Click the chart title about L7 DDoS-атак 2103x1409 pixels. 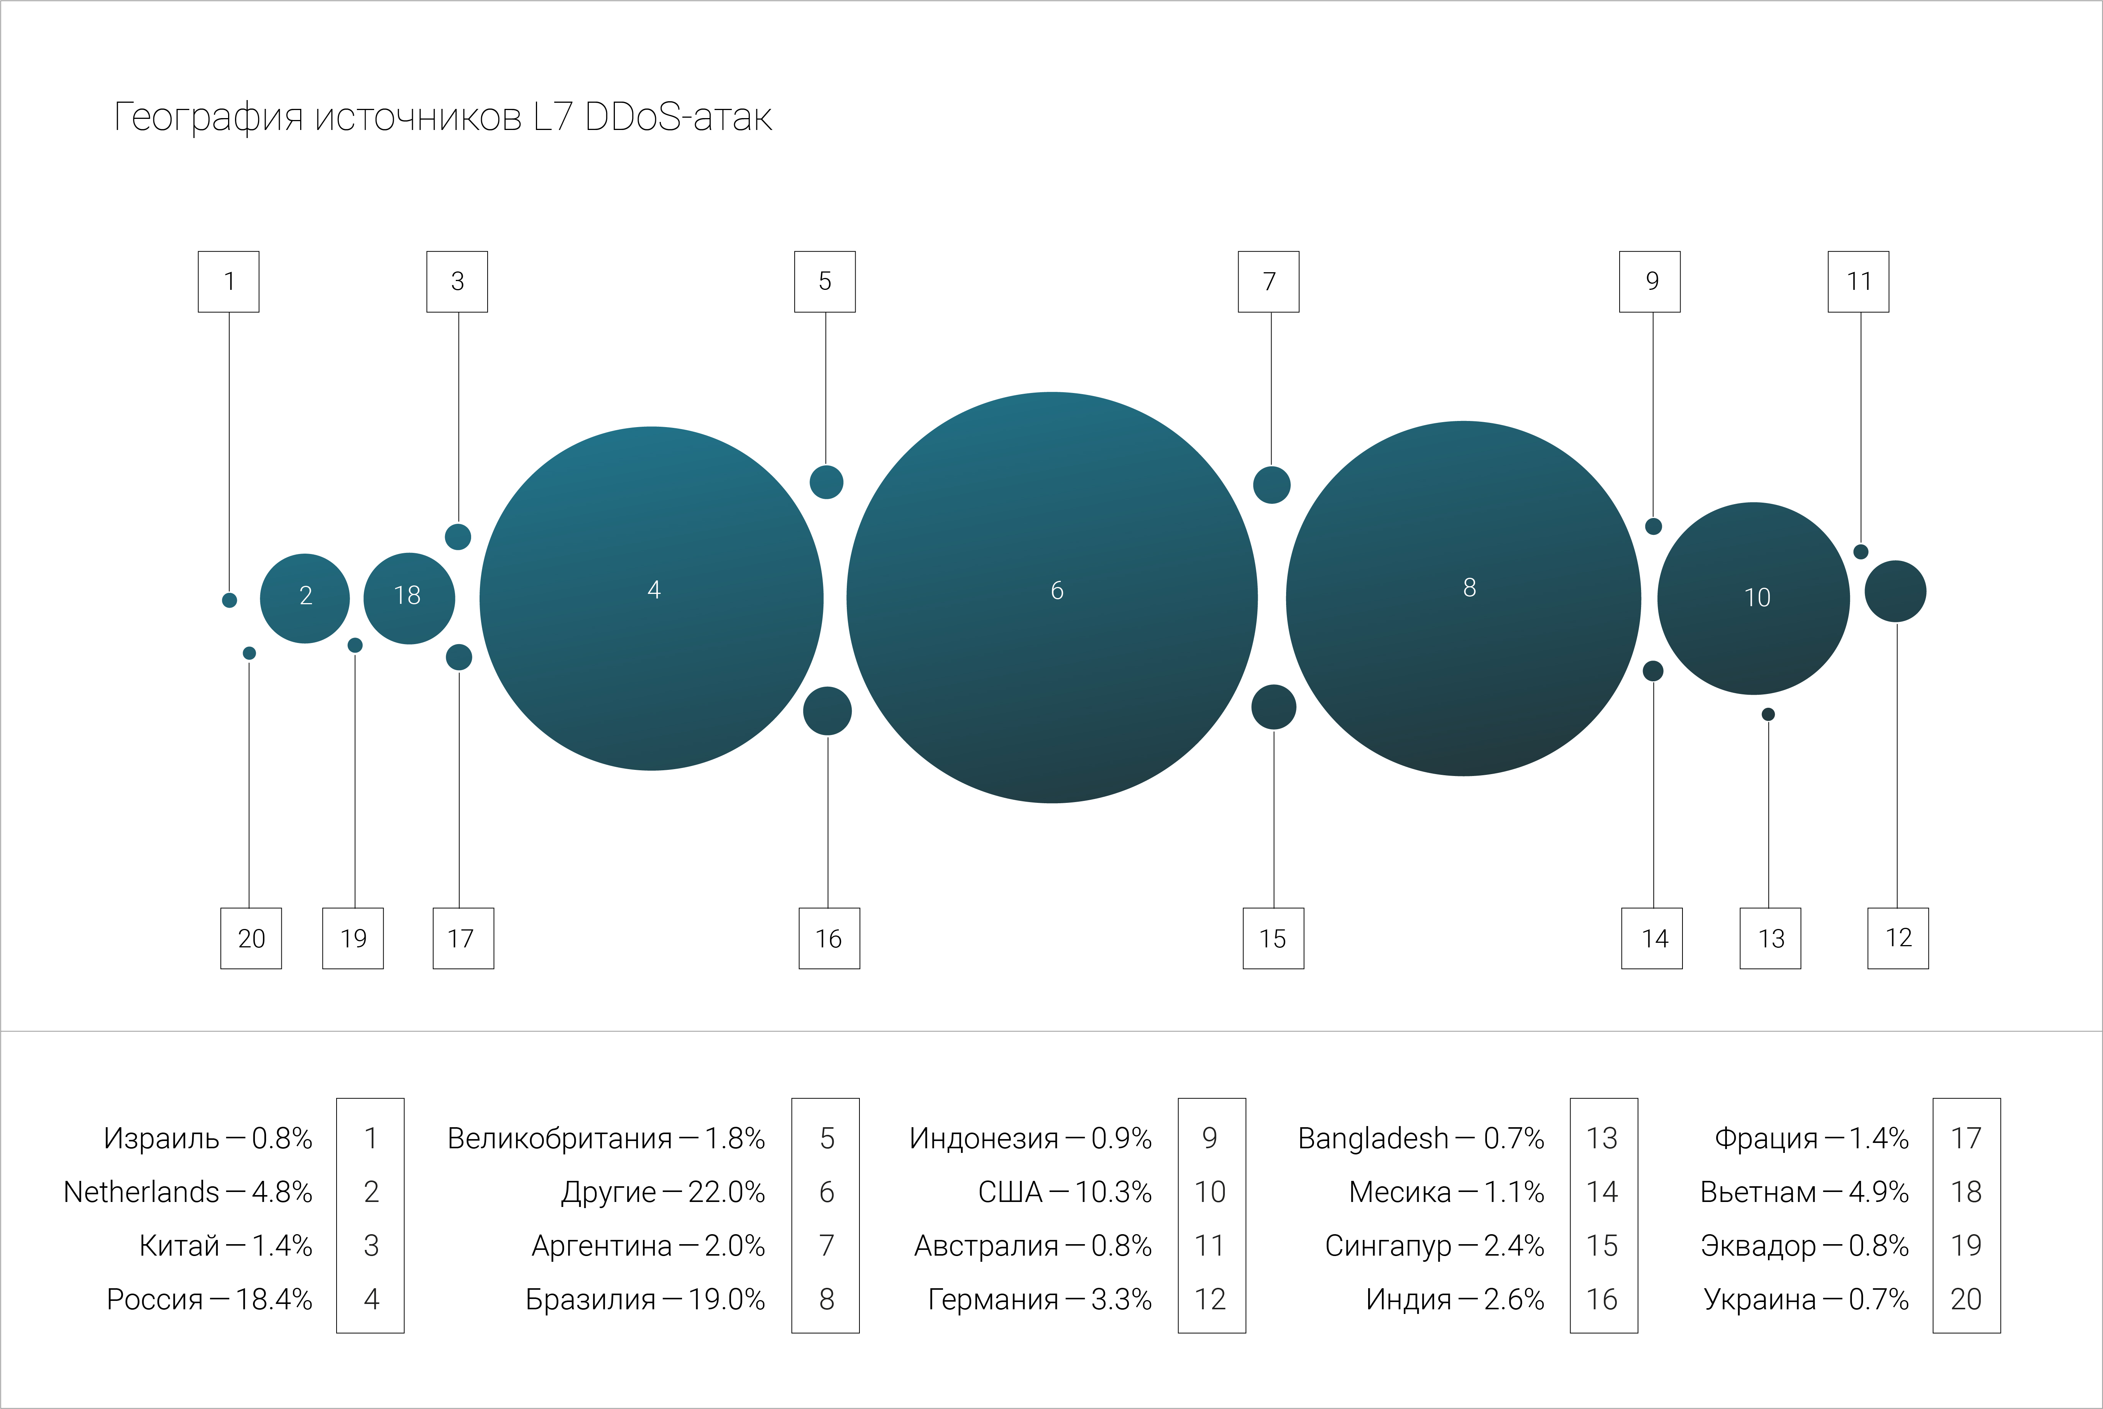[x=443, y=117]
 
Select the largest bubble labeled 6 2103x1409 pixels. [x=1052, y=598]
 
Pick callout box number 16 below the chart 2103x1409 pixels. [x=829, y=938]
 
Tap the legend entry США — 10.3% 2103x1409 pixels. [x=1065, y=1192]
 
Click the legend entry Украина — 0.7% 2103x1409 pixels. [x=1806, y=1299]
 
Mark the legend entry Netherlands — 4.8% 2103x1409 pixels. [x=188, y=1192]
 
